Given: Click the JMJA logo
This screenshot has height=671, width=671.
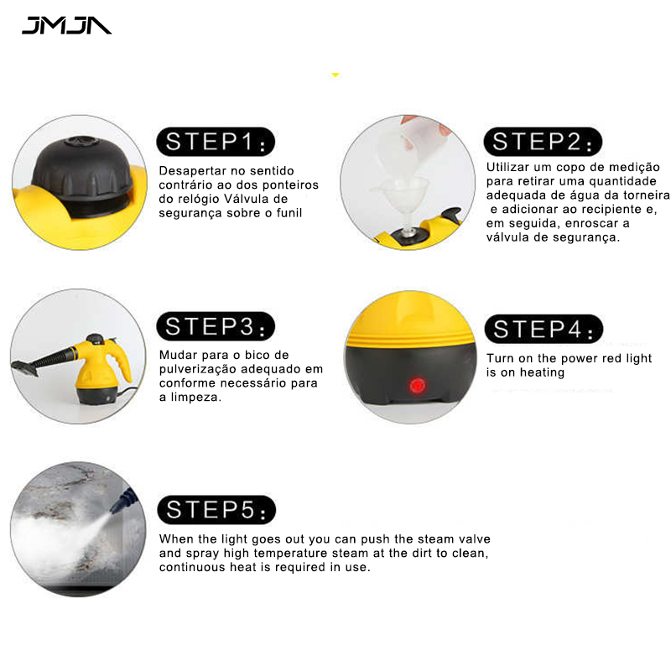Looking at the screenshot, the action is (x=67, y=25).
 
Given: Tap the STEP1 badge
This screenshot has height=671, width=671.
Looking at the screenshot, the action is (x=216, y=142).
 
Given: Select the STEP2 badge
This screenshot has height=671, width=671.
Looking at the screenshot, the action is (x=543, y=142).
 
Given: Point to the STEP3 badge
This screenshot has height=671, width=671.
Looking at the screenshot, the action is (x=216, y=326).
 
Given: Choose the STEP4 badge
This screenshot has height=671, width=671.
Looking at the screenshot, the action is (x=544, y=329).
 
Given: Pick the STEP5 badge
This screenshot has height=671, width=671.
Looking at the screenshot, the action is (x=216, y=510).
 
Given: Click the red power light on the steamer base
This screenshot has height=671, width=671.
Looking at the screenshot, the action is (x=417, y=386).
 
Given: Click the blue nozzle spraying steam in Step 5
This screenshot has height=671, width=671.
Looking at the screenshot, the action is (x=124, y=500).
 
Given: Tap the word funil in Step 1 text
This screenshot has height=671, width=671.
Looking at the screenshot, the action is (x=289, y=213).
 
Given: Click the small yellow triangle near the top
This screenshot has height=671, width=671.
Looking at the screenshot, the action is (x=335, y=75).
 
